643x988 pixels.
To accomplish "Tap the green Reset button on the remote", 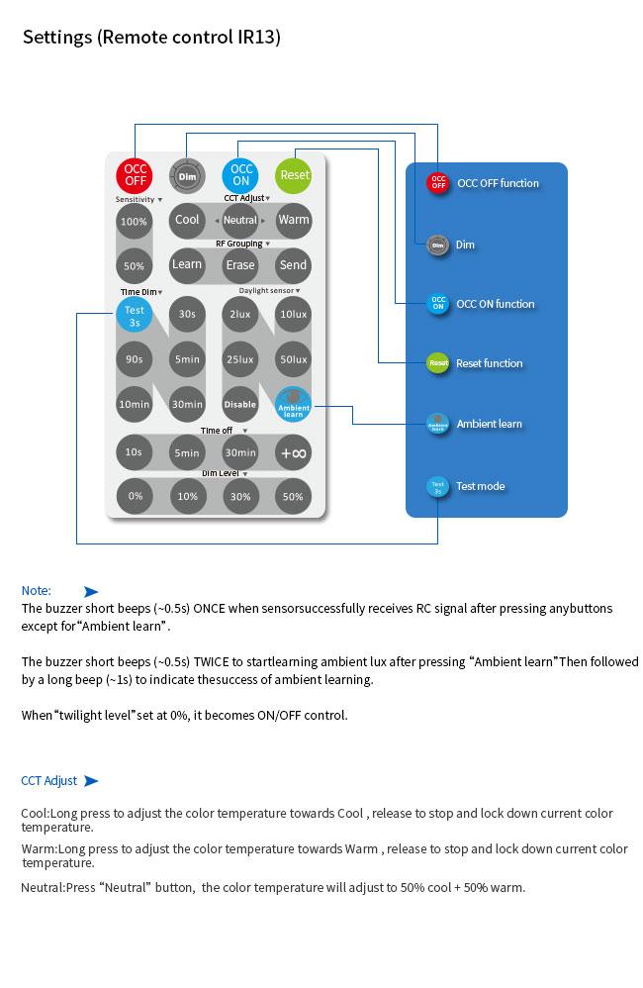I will click(294, 174).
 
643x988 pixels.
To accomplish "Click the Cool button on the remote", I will click(187, 220).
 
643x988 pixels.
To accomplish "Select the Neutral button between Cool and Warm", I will click(240, 220).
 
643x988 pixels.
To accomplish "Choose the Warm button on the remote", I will click(294, 220).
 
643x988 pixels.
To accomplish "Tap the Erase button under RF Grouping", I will click(240, 264).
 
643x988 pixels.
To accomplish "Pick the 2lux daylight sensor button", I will click(240, 314).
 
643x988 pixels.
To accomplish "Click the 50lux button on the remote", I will click(294, 359).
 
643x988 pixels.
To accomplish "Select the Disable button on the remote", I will click(240, 404).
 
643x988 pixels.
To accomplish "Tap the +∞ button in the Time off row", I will click(294, 452).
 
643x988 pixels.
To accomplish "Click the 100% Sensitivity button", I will click(134, 222).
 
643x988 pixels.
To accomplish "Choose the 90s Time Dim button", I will click(134, 359).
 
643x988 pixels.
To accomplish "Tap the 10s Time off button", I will click(134, 452).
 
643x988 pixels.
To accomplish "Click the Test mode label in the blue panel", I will click(481, 486).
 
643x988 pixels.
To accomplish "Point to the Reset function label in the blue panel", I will click(489, 363).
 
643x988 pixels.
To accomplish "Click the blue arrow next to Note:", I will click(91, 591).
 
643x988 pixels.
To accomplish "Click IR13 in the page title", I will click(257, 38).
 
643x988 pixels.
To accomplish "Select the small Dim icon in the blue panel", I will click(437, 245).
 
